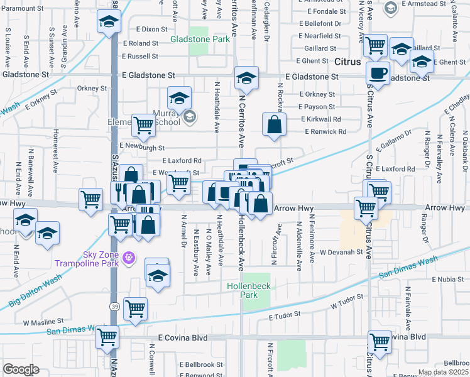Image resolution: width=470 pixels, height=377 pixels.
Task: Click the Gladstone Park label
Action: (200, 39)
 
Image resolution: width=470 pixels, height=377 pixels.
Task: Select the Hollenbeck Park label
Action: (249, 290)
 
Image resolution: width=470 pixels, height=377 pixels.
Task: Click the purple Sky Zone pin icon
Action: (129, 256)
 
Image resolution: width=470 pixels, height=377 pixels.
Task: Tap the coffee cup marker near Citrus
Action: (378, 74)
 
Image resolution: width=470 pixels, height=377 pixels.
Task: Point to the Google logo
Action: (20, 369)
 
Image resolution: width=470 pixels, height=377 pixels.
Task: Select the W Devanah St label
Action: (341, 252)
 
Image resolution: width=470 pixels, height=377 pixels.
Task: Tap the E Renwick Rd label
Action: (325, 132)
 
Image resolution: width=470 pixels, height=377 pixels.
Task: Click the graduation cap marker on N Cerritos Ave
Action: (246, 78)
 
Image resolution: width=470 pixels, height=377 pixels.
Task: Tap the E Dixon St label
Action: (150, 29)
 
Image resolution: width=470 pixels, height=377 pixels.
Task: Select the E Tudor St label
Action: (286, 313)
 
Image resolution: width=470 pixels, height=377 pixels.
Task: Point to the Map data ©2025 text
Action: (443, 372)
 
